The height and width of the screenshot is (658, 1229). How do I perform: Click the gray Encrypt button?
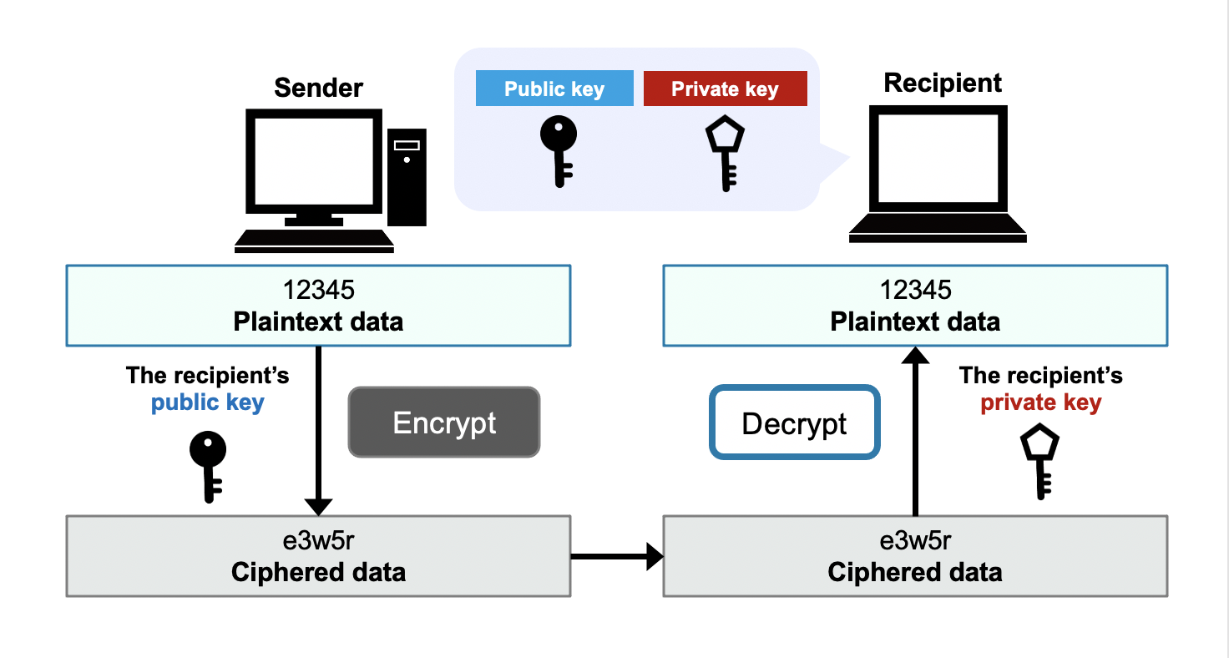click(444, 423)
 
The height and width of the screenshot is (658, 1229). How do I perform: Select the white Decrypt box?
click(794, 423)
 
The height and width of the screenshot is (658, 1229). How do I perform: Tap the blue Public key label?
click(554, 89)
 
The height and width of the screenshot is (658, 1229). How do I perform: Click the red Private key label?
click(725, 89)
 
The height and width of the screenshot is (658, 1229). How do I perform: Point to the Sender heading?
click(319, 87)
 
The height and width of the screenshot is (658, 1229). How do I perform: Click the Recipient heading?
click(943, 83)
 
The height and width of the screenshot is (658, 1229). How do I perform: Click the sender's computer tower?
click(407, 176)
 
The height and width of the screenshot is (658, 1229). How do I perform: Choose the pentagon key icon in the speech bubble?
click(725, 154)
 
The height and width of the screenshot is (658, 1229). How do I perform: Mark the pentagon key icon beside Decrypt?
click(1040, 463)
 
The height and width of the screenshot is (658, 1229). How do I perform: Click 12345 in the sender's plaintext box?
click(318, 290)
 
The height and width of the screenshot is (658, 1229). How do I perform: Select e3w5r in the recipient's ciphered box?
click(915, 541)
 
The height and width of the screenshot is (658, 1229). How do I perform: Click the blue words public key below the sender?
click(207, 403)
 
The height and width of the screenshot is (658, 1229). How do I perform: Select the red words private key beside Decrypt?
click(1040, 403)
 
